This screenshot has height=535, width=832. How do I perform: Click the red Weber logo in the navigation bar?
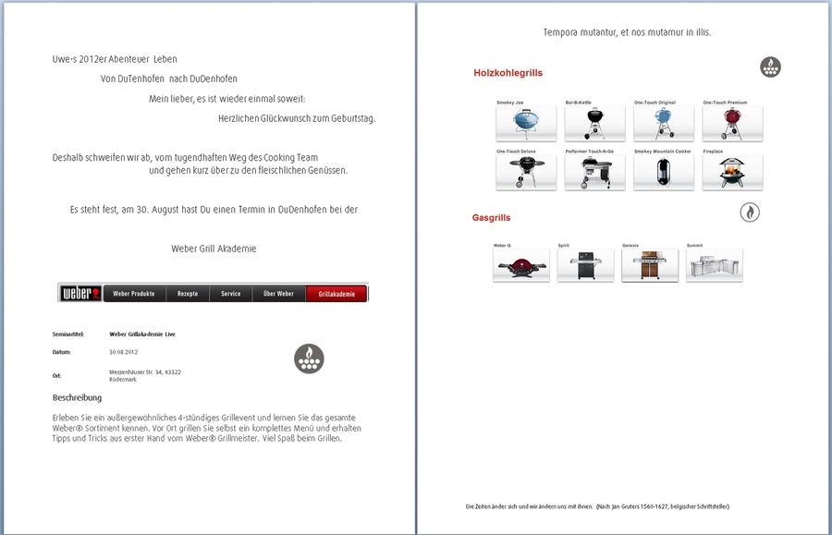pos(80,294)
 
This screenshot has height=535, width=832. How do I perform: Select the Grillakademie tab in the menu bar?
pos(336,294)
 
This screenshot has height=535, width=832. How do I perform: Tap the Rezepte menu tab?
pos(188,294)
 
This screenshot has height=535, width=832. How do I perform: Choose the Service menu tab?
pos(231,294)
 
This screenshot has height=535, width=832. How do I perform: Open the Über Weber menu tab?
pos(278,294)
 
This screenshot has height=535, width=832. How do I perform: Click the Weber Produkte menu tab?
pos(134,294)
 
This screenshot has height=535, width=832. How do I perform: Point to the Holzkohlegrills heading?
pos(508,72)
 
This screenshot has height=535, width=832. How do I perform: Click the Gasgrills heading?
pos(491,218)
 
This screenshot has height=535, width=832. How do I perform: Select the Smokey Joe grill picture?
pos(526,123)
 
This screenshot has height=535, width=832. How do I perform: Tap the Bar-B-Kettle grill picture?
pos(594,123)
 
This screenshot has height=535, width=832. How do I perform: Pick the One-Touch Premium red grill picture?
pos(732,123)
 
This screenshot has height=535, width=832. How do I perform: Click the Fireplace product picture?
pos(732,172)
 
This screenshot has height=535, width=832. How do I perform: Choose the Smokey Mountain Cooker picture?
pos(664,172)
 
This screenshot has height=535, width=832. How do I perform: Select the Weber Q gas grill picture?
pos(521,265)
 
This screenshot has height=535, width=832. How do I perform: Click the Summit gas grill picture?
pos(714,265)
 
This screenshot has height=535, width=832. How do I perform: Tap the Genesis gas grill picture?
pos(649,265)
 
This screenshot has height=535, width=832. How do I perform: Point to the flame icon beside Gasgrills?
pos(750,213)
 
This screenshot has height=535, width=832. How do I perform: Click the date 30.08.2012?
pos(123,352)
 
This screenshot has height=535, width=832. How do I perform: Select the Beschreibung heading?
pos(78,398)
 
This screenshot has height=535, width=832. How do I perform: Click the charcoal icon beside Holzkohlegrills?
pos(770,67)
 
